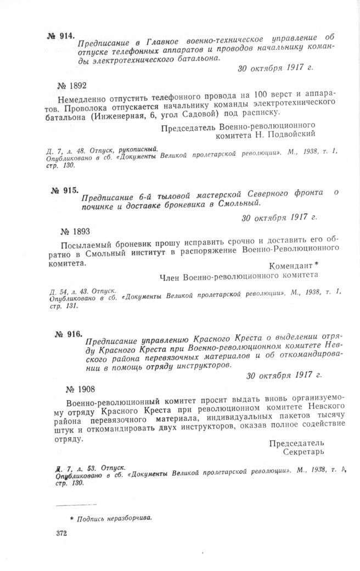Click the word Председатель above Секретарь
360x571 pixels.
[296, 443]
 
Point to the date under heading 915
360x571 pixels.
[280, 217]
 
